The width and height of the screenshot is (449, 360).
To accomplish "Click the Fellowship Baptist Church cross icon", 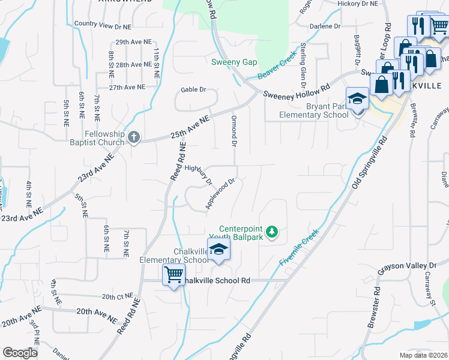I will (x=133, y=138).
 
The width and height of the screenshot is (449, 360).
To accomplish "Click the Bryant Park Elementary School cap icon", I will (x=357, y=98).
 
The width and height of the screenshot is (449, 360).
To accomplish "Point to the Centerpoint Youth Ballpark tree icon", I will (x=272, y=231).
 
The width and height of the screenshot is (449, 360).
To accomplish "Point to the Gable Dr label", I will (x=194, y=90).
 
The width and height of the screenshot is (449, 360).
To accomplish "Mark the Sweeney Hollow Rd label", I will (x=297, y=91).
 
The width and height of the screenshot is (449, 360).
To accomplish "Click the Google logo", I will (x=20, y=353).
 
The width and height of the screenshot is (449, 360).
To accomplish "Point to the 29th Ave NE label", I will (x=130, y=42).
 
